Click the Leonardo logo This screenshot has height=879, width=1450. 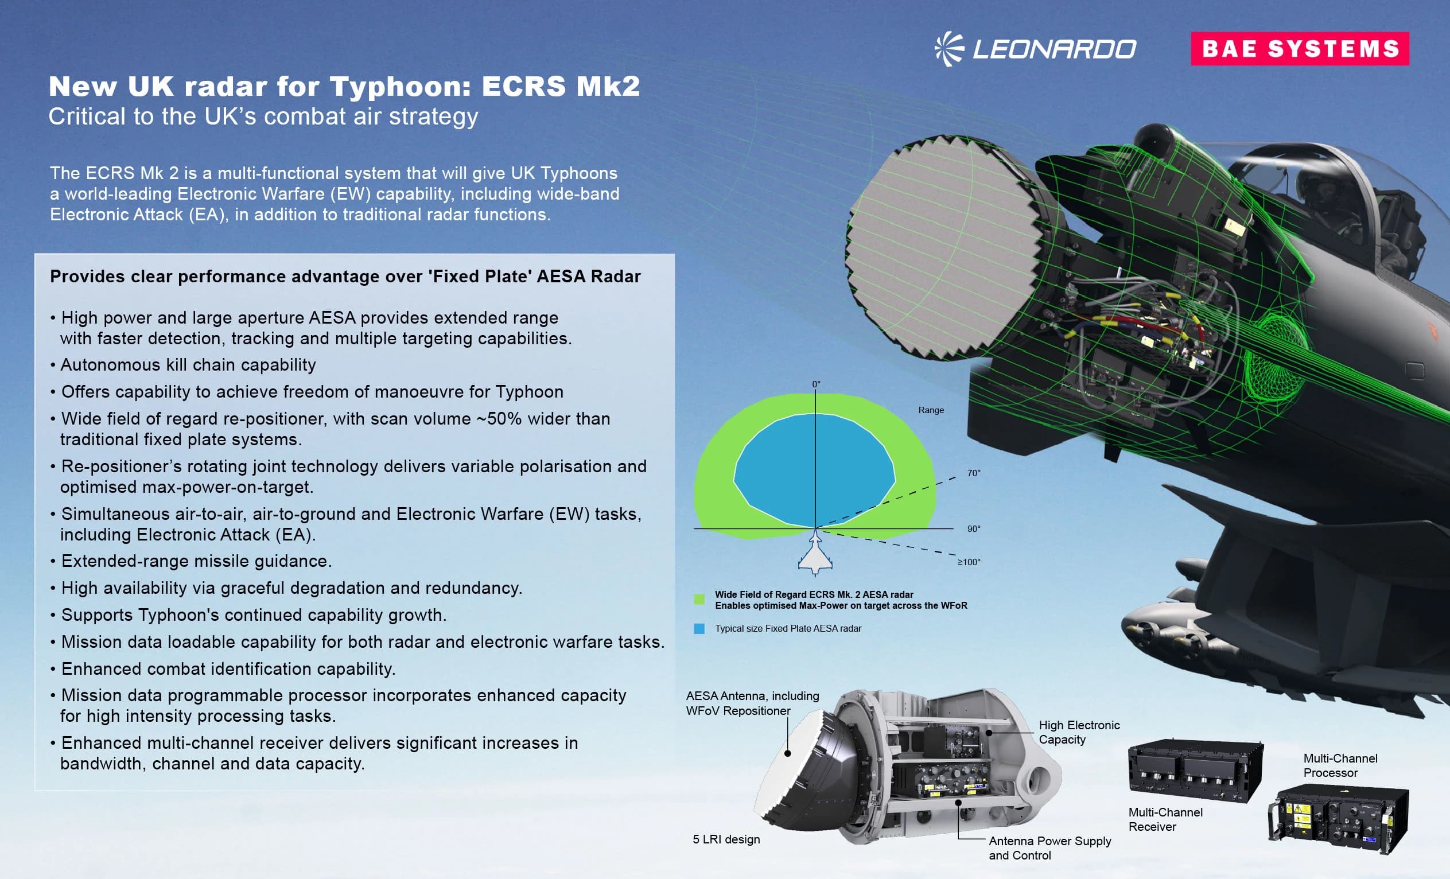click(x=1036, y=49)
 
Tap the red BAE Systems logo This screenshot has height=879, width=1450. click(x=1299, y=49)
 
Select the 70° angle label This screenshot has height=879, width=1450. click(x=974, y=473)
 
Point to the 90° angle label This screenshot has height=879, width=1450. click(x=974, y=529)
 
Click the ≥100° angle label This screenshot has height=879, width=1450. click(x=969, y=562)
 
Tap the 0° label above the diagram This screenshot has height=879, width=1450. click(x=816, y=384)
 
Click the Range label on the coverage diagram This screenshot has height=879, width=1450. click(x=931, y=410)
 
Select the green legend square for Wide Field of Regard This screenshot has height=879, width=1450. click(x=699, y=600)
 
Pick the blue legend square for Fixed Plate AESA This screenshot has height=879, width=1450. click(x=699, y=629)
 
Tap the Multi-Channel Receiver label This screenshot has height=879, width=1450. click(x=1165, y=819)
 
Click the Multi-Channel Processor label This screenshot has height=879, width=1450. click(x=1340, y=765)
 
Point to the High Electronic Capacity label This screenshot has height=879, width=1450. click(x=1079, y=732)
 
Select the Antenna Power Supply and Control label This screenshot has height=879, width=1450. click(x=1050, y=848)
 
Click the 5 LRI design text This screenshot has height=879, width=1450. click(x=726, y=839)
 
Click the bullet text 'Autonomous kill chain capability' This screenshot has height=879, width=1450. click(x=188, y=365)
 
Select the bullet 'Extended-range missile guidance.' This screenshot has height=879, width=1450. click(x=196, y=561)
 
